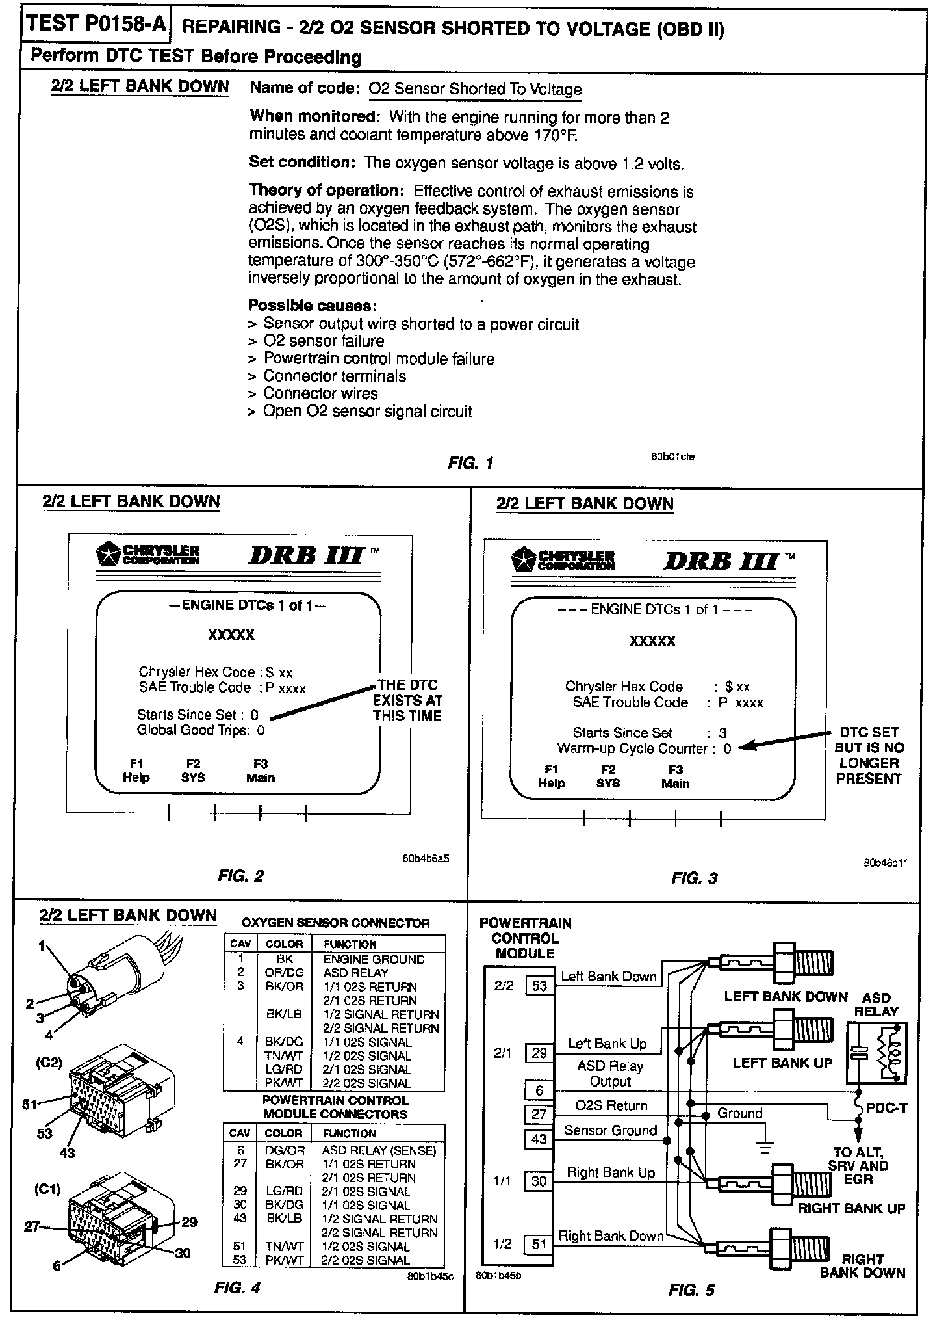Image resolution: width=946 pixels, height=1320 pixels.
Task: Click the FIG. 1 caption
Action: pyautogui.click(x=470, y=463)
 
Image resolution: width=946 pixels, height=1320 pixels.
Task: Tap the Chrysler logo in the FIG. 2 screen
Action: pyautogui.click(x=148, y=553)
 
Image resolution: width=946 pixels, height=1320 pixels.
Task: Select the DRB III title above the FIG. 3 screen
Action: pyautogui.click(x=721, y=560)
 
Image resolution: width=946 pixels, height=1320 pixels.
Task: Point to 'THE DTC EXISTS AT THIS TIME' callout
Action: pyautogui.click(x=407, y=700)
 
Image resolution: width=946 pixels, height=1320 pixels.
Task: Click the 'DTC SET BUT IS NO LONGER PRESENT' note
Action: pyautogui.click(x=869, y=755)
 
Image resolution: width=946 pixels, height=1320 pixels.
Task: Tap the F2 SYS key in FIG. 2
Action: pyautogui.click(x=193, y=771)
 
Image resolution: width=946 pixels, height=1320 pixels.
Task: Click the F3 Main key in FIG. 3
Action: pyautogui.click(x=675, y=776)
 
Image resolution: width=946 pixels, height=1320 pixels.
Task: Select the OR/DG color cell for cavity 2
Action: pyautogui.click(x=284, y=973)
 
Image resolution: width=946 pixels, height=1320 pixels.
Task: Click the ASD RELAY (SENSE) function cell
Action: pyautogui.click(x=379, y=1150)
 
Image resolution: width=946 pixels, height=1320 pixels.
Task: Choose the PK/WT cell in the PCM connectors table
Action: pyautogui.click(x=284, y=1260)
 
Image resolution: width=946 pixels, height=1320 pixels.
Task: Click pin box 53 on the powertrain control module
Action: pyautogui.click(x=539, y=985)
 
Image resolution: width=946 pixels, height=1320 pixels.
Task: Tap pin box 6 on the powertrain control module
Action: pyautogui.click(x=539, y=1090)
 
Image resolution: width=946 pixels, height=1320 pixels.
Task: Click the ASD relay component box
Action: pyautogui.click(x=876, y=1051)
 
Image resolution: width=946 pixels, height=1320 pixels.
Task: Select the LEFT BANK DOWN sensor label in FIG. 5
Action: pyautogui.click(x=786, y=997)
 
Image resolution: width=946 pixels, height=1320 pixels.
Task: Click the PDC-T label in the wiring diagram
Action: pyautogui.click(x=886, y=1107)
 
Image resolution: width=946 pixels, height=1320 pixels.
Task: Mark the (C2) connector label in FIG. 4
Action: pyautogui.click(x=49, y=1063)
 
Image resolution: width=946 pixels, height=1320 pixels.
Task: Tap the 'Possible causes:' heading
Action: pyautogui.click(x=313, y=306)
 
